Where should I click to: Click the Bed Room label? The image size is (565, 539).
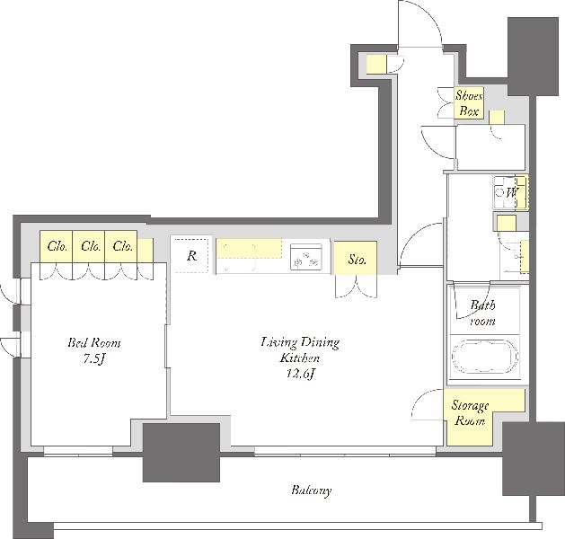(x=94, y=342)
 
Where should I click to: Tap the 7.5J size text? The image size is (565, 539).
(x=93, y=359)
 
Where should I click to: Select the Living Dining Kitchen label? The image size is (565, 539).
(x=300, y=349)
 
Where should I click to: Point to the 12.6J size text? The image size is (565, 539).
(x=301, y=374)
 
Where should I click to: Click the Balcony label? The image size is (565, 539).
(x=312, y=490)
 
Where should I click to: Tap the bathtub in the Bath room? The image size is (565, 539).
(x=485, y=356)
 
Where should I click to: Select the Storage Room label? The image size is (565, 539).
(x=470, y=413)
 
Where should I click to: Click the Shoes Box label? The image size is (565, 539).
(x=469, y=103)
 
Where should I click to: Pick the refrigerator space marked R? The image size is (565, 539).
(x=190, y=255)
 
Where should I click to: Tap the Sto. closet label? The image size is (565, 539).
(x=358, y=259)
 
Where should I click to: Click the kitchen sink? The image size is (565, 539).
(x=306, y=257)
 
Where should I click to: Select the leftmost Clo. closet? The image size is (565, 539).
(x=57, y=246)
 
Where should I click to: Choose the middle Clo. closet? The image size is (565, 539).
(x=89, y=246)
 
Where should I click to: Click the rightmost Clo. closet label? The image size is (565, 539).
(x=123, y=246)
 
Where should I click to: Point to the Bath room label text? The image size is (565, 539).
(x=482, y=313)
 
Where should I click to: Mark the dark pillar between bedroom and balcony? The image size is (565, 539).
(x=181, y=453)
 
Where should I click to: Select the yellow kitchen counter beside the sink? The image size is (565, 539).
(x=249, y=248)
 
